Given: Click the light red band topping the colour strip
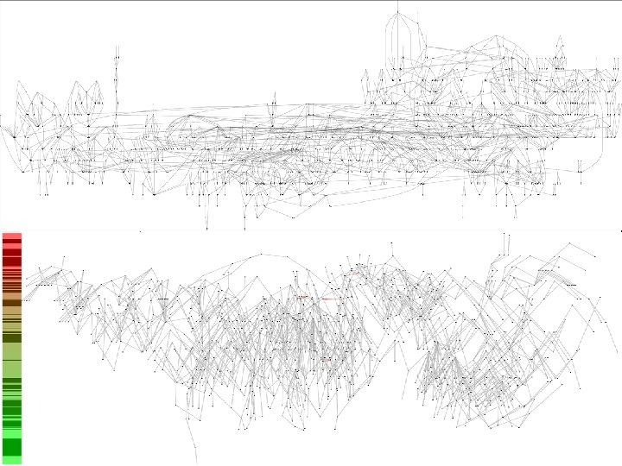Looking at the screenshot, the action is click(11, 236).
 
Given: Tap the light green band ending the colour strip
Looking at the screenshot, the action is click(11, 461).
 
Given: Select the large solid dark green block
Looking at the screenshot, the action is click(11, 447).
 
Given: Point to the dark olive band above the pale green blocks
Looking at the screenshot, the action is click(11, 337).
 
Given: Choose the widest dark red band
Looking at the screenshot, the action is click(11, 261).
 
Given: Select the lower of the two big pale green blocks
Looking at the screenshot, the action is click(11, 368).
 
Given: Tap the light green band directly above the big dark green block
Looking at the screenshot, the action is click(11, 432).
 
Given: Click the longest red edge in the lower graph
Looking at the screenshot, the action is click(329, 298).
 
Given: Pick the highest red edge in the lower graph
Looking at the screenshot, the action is click(351, 273).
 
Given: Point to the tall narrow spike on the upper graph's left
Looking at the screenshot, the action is click(116, 69).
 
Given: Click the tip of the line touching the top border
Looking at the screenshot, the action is click(397, 3).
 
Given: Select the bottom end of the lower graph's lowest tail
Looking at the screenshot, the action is click(197, 463).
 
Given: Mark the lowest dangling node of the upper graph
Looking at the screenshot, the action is click(206, 230).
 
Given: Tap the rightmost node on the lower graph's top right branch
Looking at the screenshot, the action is click(595, 256).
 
